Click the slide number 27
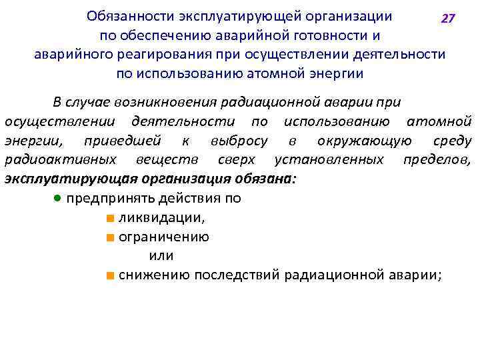click(448, 19)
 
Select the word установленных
click(329, 160)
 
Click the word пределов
click(437, 160)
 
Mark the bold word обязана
click(264, 179)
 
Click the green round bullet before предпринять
click(59, 199)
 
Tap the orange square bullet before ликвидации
click(109, 218)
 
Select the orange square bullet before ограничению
click(109, 237)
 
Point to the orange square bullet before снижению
click(109, 275)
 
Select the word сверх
click(237, 160)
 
